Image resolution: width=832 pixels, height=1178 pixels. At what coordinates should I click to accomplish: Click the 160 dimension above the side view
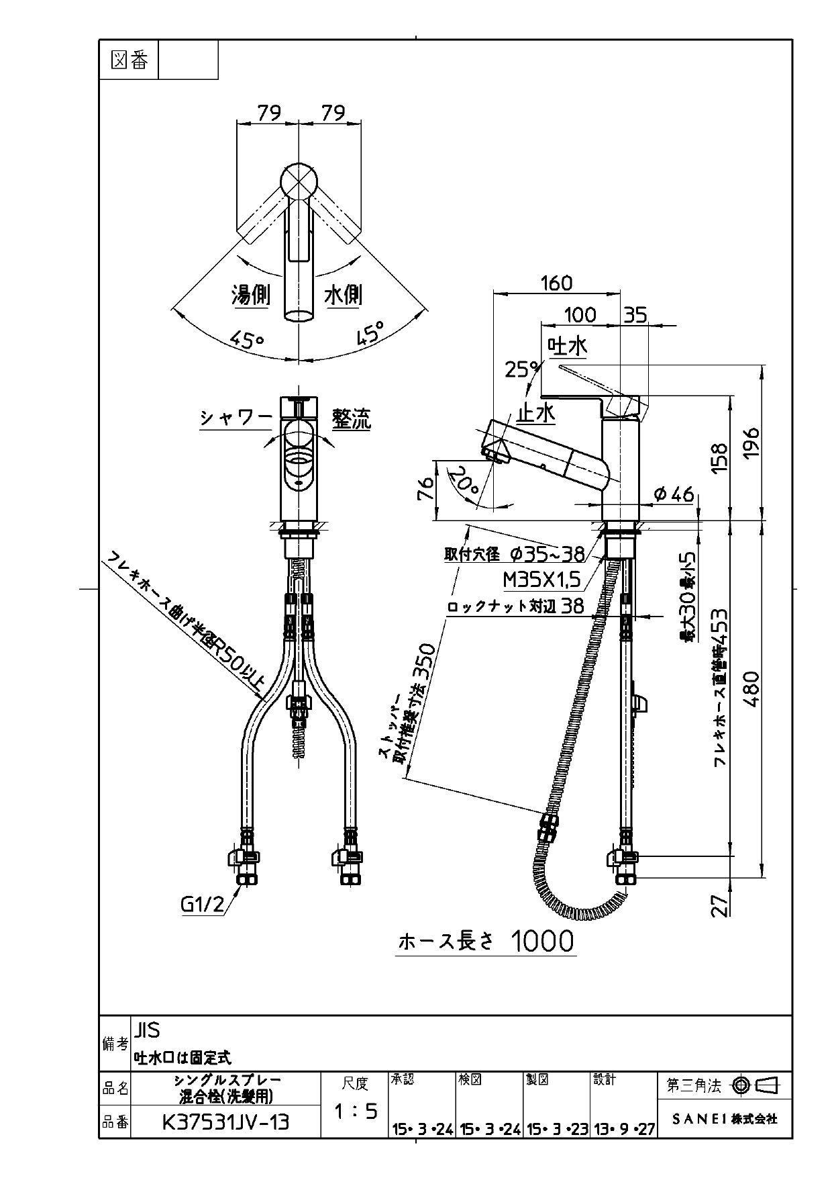(557, 283)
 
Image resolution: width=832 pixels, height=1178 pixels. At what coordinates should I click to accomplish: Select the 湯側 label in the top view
(250, 294)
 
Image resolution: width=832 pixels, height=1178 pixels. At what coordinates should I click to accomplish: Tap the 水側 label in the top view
(343, 294)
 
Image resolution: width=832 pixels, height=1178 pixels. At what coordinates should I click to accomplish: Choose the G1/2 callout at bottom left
(202, 905)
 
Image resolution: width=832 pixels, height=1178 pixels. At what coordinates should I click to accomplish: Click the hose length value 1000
(543, 942)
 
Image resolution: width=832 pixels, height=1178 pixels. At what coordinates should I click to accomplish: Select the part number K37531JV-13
(225, 1122)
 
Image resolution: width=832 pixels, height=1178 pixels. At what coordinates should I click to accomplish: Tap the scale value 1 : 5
(356, 1112)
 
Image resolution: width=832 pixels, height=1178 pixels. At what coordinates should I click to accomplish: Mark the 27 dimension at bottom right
(719, 906)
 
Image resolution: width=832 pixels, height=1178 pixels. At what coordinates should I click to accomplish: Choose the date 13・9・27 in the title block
(624, 1130)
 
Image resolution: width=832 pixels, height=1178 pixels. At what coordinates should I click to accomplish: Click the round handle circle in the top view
(297, 181)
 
